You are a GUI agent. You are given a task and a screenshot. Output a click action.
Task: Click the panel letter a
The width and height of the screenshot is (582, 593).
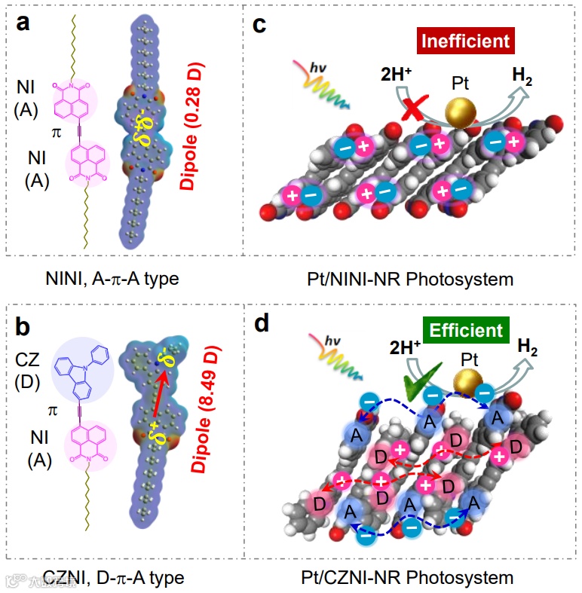tap(25, 23)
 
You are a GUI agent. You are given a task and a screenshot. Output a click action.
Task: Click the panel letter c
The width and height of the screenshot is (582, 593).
tap(260, 25)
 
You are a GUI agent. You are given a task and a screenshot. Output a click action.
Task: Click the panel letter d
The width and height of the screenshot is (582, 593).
tap(260, 323)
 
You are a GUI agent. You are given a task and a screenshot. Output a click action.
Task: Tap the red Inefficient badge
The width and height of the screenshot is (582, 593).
tap(467, 40)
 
